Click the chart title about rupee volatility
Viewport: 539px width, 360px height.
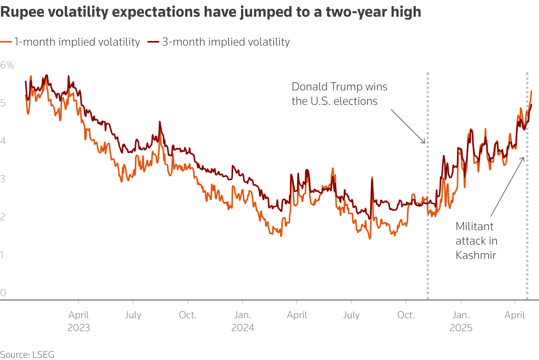point(211,12)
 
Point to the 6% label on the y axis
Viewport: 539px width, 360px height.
point(7,65)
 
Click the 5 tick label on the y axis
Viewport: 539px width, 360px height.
point(3,103)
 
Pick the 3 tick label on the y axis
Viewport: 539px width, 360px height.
point(3,178)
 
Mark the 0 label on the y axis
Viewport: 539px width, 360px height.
point(3,292)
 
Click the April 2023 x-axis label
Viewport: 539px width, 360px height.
point(79,321)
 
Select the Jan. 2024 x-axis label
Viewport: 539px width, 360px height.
point(243,321)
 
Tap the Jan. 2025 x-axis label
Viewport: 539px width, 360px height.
point(461,321)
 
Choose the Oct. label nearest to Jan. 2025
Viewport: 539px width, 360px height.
point(406,315)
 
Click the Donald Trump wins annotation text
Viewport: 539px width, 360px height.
point(339,94)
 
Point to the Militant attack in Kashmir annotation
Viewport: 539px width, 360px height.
point(476,241)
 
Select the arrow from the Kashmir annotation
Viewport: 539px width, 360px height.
point(507,186)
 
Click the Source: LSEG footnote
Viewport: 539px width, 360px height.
point(27,354)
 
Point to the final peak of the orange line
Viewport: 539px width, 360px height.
point(531,92)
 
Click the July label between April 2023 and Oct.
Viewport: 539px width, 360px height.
point(133,315)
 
